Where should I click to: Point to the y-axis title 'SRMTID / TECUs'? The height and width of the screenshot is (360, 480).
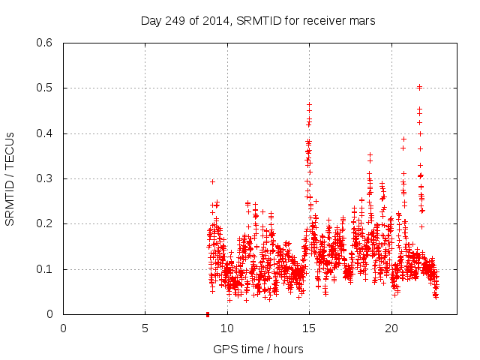10,178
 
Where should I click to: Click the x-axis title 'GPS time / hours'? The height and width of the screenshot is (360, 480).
258,349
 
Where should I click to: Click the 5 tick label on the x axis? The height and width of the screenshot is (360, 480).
145,328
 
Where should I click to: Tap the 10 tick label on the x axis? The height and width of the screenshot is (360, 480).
227,328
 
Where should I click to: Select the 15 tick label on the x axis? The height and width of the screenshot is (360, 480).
309,328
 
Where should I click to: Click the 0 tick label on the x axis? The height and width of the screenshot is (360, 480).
63,328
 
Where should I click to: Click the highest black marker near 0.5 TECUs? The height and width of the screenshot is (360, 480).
419,87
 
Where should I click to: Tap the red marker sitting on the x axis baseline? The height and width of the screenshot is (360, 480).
208,313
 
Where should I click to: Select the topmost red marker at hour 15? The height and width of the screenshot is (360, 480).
309,104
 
